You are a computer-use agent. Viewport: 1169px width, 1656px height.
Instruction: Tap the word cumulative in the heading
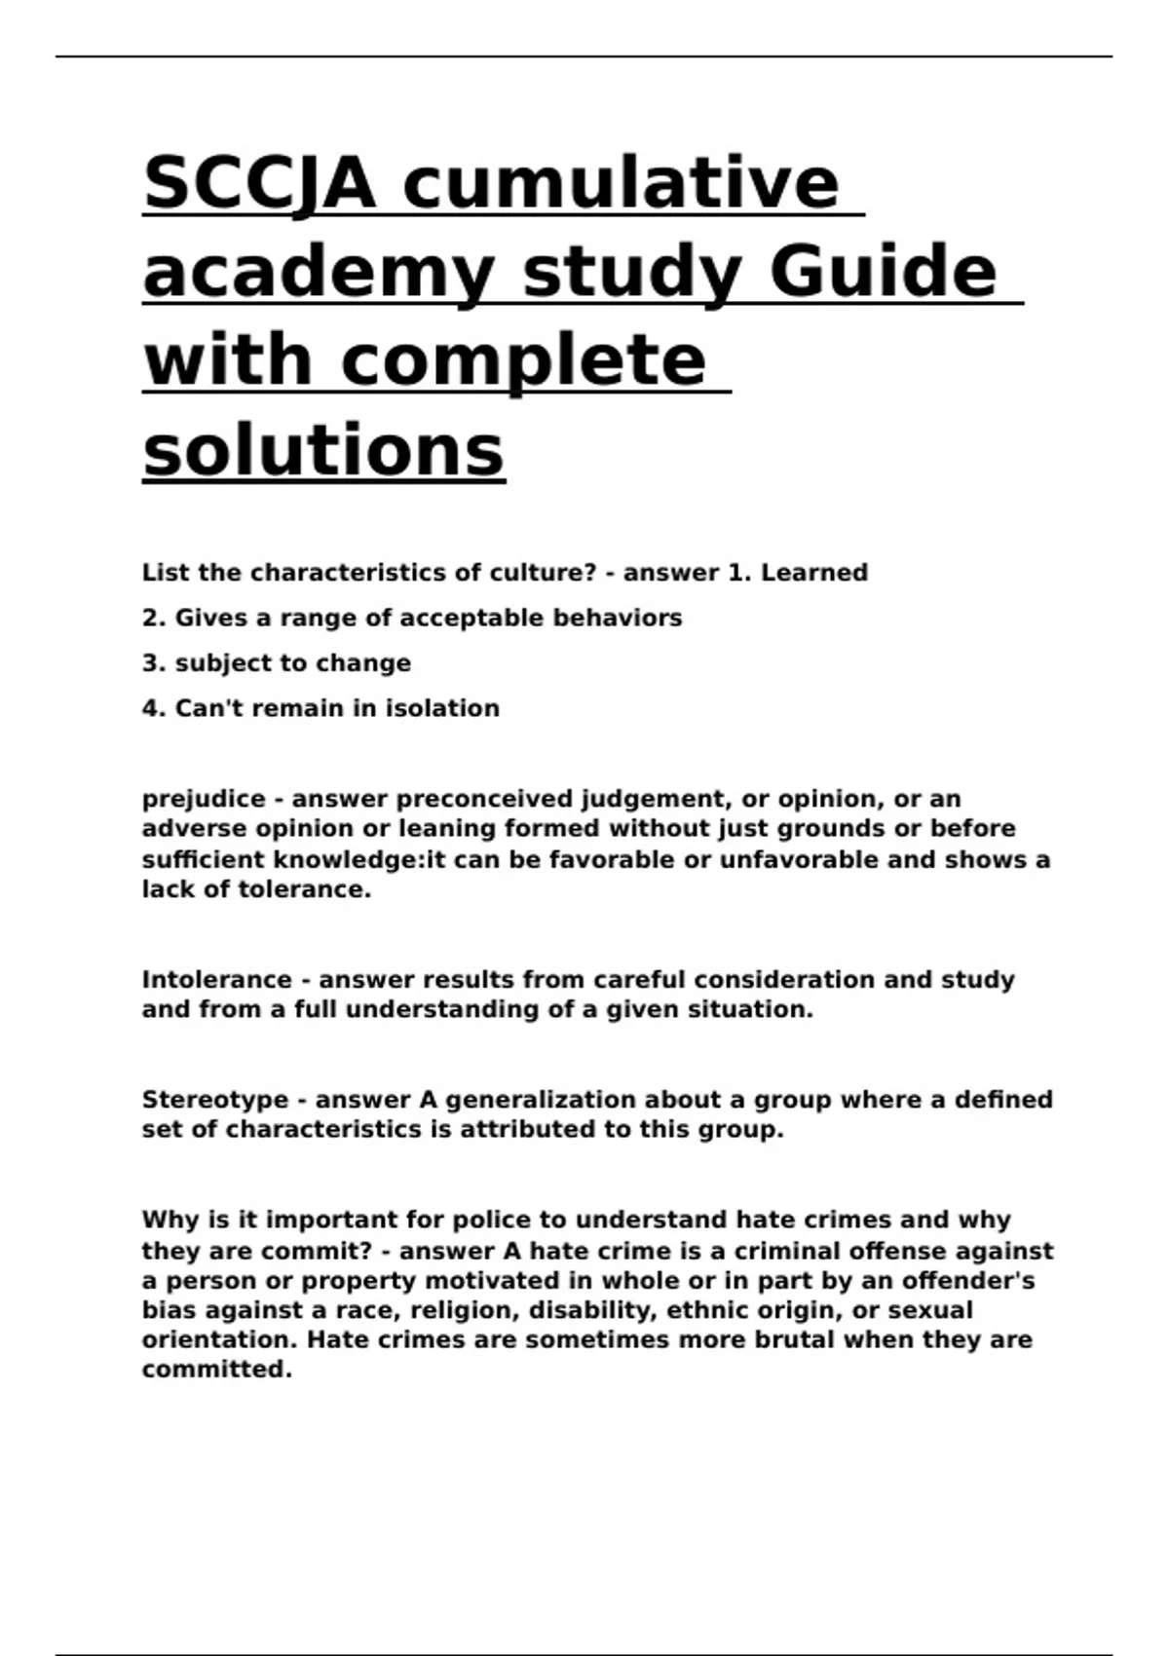[621, 182]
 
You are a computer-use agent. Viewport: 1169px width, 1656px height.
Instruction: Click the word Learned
[813, 573]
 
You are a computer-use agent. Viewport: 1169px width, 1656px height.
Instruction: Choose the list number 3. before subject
[154, 663]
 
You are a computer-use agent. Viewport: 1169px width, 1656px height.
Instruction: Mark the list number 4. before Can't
[154, 708]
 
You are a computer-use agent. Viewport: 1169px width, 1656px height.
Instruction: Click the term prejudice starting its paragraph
[204, 800]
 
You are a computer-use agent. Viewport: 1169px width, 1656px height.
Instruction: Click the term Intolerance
[216, 980]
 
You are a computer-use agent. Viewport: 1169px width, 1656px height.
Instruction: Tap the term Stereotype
[215, 1100]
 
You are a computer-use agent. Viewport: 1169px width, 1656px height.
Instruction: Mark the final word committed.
[216, 1370]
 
